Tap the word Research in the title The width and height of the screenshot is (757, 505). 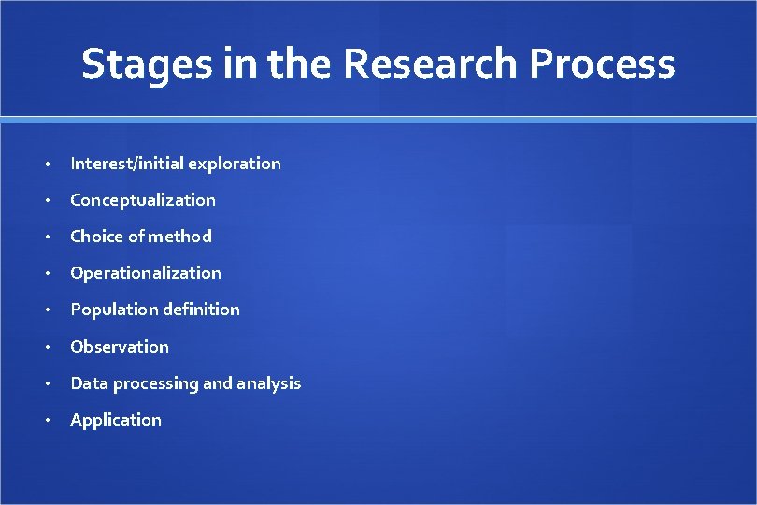431,64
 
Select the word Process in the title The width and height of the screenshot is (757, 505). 602,64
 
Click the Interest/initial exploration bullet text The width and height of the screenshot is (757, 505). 176,164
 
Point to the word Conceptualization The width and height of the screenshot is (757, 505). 143,200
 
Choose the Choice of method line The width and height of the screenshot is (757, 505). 141,237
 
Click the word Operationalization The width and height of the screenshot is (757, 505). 146,273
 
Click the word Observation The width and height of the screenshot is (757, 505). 120,347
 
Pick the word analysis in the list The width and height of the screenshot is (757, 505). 269,383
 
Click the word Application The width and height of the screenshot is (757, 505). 116,420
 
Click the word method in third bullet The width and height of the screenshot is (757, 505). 179,237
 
